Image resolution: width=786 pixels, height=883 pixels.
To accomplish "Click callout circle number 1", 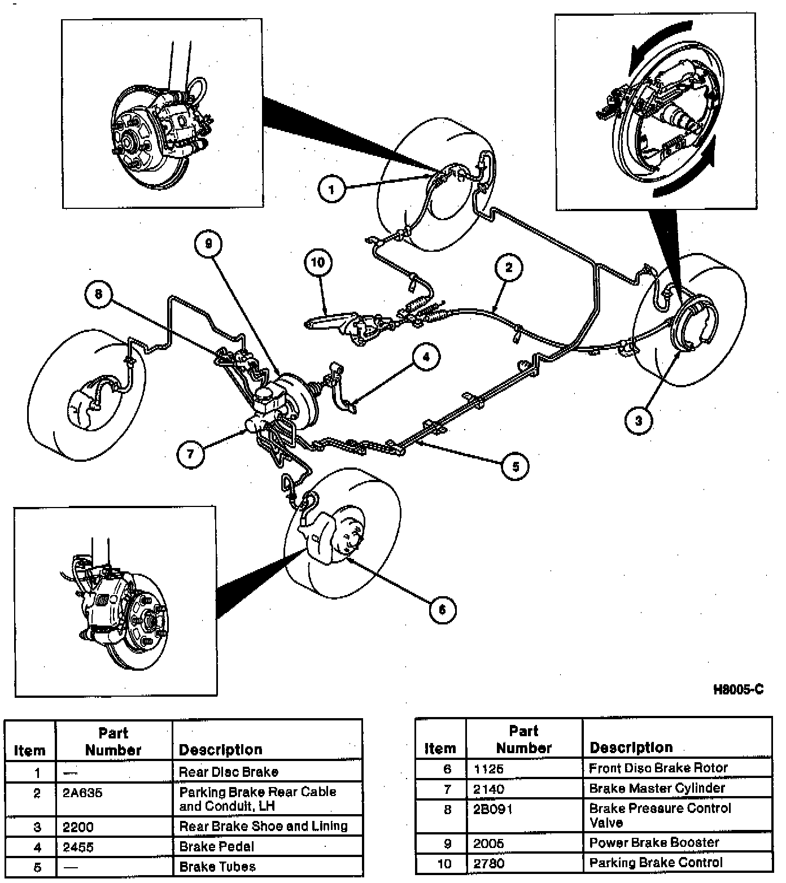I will (331, 189).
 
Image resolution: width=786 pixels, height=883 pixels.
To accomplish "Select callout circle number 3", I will (639, 420).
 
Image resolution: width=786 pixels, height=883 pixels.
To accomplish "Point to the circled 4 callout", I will (426, 357).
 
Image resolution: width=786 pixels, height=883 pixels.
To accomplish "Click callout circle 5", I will (516, 466).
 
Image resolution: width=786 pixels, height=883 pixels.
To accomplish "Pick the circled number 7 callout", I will (190, 453).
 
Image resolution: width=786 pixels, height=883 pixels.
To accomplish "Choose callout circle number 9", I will (208, 243).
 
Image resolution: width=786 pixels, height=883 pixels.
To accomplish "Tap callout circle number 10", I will (318, 262).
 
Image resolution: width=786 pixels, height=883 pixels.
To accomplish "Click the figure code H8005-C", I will (738, 689).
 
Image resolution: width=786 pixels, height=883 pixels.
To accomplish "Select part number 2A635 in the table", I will (82, 793).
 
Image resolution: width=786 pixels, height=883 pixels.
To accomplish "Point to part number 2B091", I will (493, 809).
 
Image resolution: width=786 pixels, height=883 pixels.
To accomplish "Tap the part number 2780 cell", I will (489, 863).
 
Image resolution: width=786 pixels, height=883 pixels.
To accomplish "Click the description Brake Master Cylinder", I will (657, 788).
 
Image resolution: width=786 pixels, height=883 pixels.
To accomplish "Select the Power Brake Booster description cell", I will (654, 842).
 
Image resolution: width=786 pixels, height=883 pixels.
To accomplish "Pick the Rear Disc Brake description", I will (229, 772).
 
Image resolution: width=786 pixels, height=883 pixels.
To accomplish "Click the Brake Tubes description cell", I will (217, 866).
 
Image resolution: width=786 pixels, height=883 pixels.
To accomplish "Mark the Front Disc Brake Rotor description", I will (658, 768).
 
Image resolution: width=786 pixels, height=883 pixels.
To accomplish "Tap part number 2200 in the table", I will (78, 827).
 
